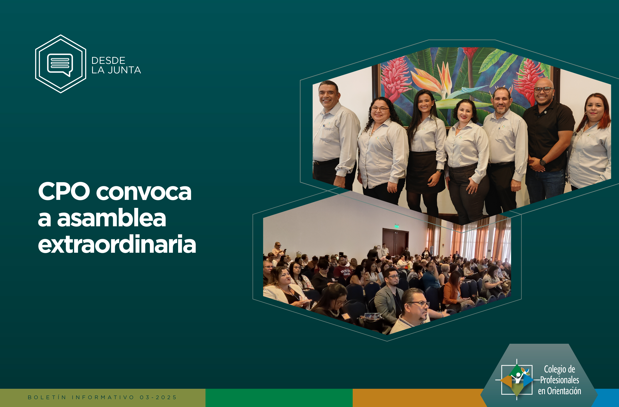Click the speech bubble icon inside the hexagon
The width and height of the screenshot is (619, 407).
(60, 64)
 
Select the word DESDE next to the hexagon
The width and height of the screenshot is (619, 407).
(108, 60)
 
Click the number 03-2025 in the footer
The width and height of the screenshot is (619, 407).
(158, 397)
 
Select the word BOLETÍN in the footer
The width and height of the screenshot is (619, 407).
(47, 397)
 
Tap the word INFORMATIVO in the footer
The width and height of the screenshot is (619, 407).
(103, 397)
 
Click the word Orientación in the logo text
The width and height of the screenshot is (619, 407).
(564, 391)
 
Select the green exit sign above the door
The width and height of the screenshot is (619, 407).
(397, 226)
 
